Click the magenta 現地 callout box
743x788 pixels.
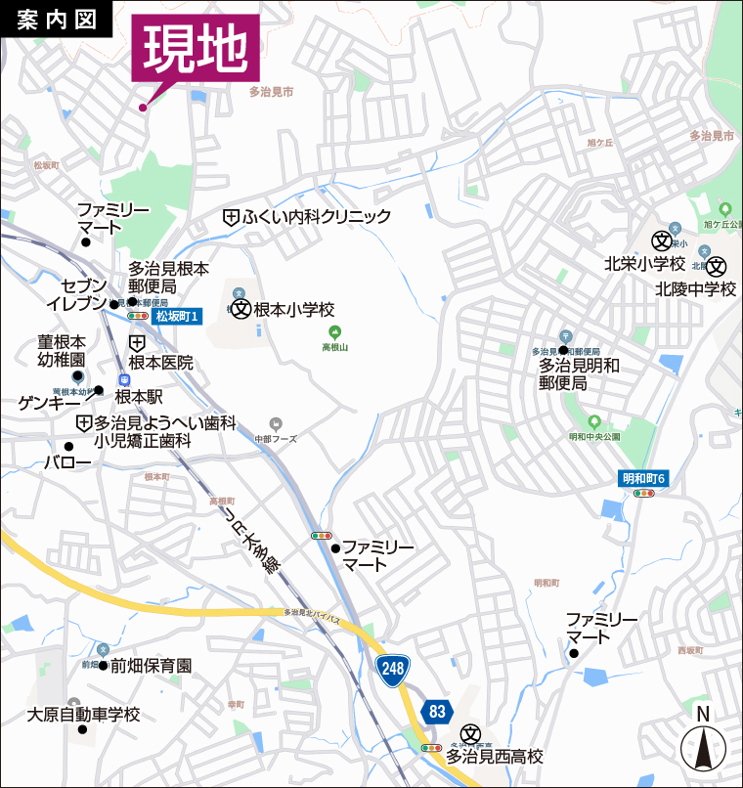(197, 48)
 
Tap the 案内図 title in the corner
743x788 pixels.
(56, 21)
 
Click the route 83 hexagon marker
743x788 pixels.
(436, 711)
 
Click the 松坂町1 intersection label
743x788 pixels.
(177, 316)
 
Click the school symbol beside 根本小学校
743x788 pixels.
(240, 309)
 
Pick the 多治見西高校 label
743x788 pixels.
(495, 756)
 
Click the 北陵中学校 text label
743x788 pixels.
(695, 288)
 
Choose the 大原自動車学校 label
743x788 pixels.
(84, 715)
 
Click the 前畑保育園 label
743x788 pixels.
(151, 666)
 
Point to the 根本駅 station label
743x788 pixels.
(139, 396)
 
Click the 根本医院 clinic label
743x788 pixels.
(160, 363)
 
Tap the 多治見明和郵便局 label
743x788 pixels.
(580, 373)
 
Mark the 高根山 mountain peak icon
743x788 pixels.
(334, 332)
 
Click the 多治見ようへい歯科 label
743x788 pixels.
(165, 422)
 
